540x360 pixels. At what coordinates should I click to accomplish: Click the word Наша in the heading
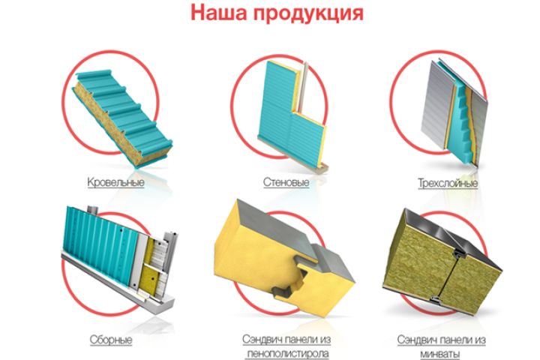coord(219,13)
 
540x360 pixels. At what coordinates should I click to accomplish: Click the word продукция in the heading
coord(309,13)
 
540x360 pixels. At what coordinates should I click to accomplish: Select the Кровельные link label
coord(115,182)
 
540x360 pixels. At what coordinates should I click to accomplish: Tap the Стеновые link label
coord(286,182)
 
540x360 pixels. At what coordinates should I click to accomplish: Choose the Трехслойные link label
coord(448,182)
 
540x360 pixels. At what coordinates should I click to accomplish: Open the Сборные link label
coord(111,340)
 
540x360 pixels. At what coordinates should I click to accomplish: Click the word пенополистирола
coord(288,353)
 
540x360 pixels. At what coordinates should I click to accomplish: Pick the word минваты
coord(440,354)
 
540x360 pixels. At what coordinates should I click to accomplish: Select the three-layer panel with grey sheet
coord(454,110)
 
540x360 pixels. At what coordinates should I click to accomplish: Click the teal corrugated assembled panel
coord(103,244)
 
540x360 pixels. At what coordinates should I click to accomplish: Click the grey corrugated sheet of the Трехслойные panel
coord(436,103)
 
